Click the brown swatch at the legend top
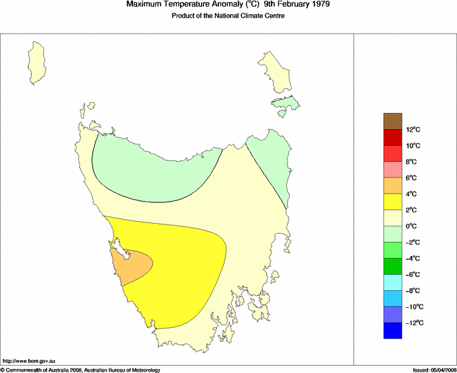[x=393, y=121]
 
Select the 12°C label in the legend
[x=413, y=130]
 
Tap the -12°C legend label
[x=413, y=323]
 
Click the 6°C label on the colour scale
[x=413, y=178]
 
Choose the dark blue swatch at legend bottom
[x=393, y=331]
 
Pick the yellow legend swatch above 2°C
[x=393, y=202]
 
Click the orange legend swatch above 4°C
[x=393, y=185]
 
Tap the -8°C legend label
[x=413, y=291]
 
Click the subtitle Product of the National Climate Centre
[x=228, y=16]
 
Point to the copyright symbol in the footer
[x=3, y=369]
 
